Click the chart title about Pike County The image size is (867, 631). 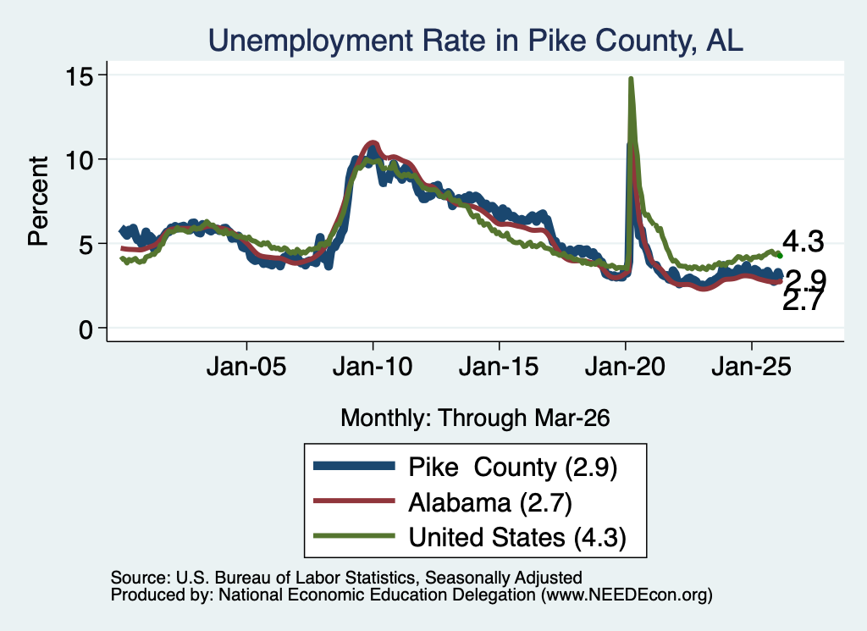coord(476,41)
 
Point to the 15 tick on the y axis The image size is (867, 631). coord(79,75)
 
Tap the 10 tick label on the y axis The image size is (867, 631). coord(79,160)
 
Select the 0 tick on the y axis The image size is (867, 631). coord(86,329)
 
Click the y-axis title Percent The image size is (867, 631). coord(38,201)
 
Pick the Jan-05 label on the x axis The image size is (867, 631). coord(246,367)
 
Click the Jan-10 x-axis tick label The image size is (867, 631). coord(373,367)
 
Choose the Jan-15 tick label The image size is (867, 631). coord(499,367)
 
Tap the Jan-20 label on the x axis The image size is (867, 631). coord(625,367)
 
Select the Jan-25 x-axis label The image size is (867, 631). coord(752,367)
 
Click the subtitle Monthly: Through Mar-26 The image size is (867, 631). coord(475,418)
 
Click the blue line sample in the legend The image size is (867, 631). coord(355,466)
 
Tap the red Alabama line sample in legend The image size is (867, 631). coord(355,501)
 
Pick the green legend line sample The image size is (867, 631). coord(355,536)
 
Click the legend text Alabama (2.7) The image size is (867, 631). coord(490,503)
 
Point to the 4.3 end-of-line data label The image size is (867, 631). coord(803,241)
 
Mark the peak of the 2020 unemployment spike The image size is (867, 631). coord(630,79)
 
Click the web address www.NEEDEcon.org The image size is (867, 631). coord(627,595)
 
